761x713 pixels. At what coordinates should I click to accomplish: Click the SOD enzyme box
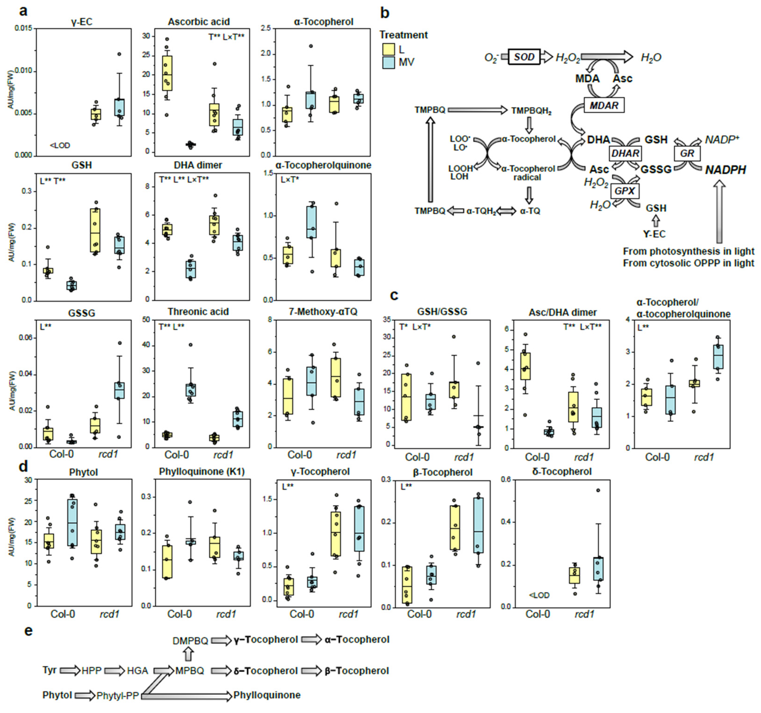(524, 57)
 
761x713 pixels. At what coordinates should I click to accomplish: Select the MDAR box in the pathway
(604, 105)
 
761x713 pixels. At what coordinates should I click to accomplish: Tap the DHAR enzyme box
(625, 154)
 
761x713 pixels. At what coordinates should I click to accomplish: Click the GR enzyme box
(687, 154)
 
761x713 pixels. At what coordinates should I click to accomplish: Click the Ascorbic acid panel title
(199, 22)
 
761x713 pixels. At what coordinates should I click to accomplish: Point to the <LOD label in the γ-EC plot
(60, 145)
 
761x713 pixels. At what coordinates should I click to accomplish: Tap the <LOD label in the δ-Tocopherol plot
(539, 595)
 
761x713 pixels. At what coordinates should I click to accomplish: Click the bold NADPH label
(725, 170)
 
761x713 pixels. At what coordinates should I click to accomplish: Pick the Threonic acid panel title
(198, 312)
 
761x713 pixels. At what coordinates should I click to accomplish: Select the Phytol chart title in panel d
(83, 472)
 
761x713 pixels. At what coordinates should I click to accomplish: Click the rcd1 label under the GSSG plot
(108, 454)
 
